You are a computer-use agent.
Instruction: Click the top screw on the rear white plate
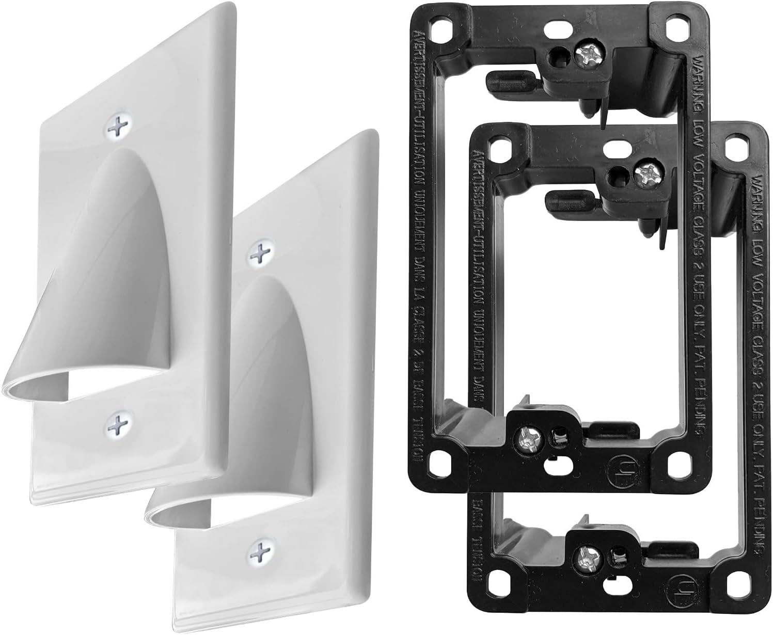[x=118, y=125]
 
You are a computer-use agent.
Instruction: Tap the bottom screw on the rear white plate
[x=118, y=425]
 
